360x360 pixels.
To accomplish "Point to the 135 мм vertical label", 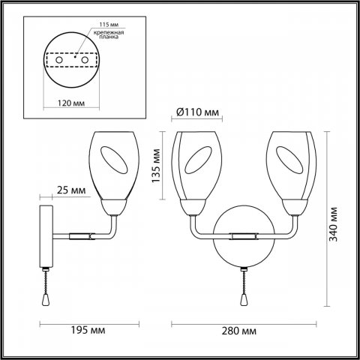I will (x=156, y=169).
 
